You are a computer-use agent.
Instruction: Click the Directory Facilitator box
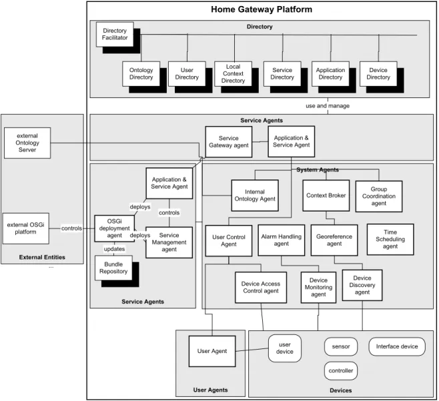[x=115, y=35]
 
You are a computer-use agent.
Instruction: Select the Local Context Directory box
[x=233, y=73]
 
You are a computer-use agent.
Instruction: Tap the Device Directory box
[x=378, y=73]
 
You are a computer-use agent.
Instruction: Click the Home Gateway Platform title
[x=262, y=9]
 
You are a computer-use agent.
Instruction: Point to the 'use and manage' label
[x=328, y=106]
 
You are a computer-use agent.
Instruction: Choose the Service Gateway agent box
[x=229, y=141]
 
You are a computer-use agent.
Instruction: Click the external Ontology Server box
[x=27, y=143]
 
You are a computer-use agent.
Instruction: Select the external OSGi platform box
[x=26, y=228]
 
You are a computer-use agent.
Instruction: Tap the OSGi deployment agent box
[x=115, y=228]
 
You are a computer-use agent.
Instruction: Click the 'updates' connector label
[x=114, y=249]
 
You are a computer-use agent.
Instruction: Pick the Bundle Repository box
[x=113, y=268]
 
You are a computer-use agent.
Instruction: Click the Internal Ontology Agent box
[x=255, y=195]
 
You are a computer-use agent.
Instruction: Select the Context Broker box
[x=326, y=195]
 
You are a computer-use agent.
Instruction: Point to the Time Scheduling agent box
[x=390, y=239]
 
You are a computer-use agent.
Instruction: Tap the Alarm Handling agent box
[x=282, y=240]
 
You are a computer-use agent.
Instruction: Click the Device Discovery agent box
[x=362, y=285]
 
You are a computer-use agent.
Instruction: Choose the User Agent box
[x=212, y=351]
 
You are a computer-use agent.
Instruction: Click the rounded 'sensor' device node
[x=341, y=346]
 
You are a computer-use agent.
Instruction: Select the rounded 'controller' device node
[x=341, y=371]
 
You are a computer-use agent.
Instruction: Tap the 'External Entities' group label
[x=42, y=257]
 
